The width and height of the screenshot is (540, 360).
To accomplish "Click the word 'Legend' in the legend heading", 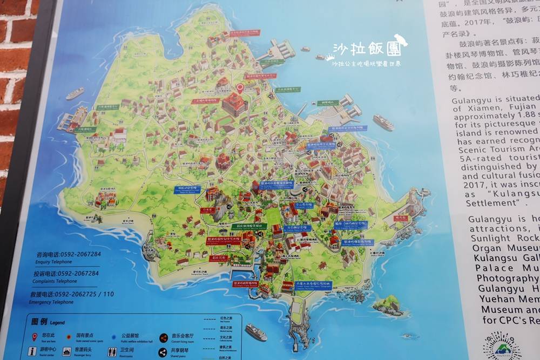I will point(57,323).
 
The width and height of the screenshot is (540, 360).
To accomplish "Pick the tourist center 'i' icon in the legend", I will point(32,351).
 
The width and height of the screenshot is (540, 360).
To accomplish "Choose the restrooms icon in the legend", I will point(112,352).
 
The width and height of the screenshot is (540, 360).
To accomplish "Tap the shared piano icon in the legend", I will point(163,352).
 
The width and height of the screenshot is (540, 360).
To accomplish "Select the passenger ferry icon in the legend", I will point(66,352).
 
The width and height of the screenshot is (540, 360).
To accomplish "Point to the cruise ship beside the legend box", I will point(256,332).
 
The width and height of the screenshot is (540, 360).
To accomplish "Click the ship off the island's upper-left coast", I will point(75,93).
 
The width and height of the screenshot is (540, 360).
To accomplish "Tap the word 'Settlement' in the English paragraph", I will point(491,203).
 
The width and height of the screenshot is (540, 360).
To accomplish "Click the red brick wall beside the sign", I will point(16,81).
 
